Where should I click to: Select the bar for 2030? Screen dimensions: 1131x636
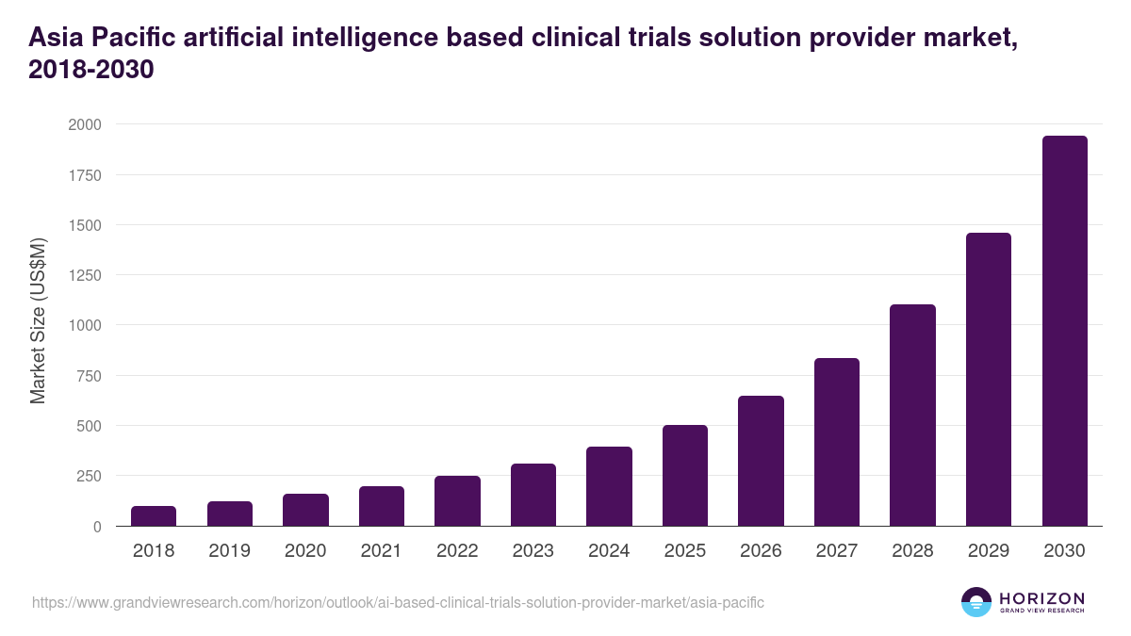pyautogui.click(x=1064, y=331)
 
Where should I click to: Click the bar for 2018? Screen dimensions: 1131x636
pyautogui.click(x=154, y=515)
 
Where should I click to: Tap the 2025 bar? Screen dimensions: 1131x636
pyautogui.click(x=684, y=475)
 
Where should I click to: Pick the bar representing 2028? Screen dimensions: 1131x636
pyautogui.click(x=912, y=415)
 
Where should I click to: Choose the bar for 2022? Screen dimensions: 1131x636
pyautogui.click(x=457, y=500)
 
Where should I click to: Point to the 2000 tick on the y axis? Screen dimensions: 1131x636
pyautogui.click(x=85, y=124)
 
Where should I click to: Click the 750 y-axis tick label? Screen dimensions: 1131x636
pyautogui.click(x=90, y=376)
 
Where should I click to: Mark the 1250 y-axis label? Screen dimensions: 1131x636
pyautogui.click(x=85, y=275)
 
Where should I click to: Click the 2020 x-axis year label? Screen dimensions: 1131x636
pyautogui.click(x=305, y=551)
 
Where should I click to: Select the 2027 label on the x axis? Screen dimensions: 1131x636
pyautogui.click(x=836, y=551)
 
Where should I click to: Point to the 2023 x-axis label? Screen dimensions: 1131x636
pyautogui.click(x=533, y=551)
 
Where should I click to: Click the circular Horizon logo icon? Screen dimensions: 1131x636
pyautogui.click(x=976, y=602)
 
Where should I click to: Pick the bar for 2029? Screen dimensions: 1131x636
pyautogui.click(x=988, y=379)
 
